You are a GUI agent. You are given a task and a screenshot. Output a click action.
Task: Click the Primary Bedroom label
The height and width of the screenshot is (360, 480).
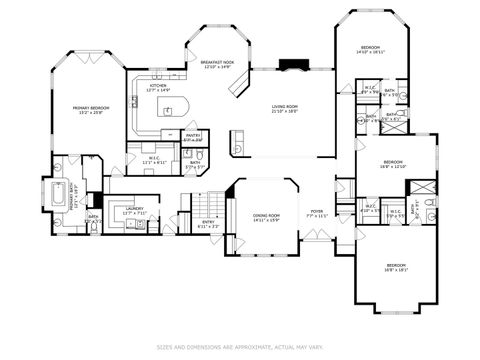click(90, 110)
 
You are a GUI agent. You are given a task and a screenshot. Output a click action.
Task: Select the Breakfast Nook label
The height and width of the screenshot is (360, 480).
click(217, 64)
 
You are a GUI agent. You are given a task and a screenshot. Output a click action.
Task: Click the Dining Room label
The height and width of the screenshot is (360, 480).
click(265, 218)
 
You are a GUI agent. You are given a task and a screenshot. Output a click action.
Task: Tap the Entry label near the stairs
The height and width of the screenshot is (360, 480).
click(209, 224)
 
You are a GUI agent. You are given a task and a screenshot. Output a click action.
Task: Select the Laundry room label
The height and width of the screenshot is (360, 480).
click(135, 211)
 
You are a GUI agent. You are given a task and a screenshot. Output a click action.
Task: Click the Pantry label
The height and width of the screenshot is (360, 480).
click(192, 138)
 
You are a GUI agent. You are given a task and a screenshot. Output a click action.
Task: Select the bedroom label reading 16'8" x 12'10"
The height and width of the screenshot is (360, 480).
click(393, 165)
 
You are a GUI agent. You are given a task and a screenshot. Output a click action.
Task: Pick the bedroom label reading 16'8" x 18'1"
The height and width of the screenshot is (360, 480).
click(398, 267)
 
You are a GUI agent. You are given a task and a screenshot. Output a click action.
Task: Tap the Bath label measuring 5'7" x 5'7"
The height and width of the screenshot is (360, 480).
click(196, 165)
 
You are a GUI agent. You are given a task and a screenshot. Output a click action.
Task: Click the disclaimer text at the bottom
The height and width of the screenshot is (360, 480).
click(240, 347)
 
